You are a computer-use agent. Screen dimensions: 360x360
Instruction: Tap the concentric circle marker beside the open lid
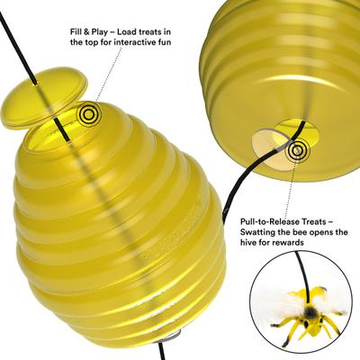tap(88, 114)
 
